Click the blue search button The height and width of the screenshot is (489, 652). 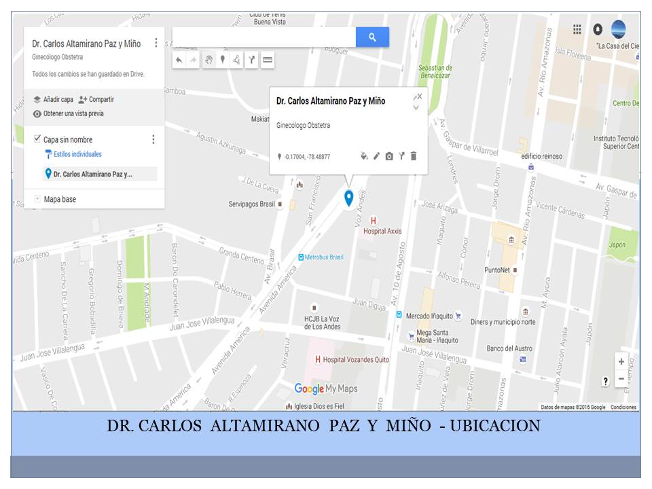(x=372, y=37)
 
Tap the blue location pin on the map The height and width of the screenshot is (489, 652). (x=348, y=198)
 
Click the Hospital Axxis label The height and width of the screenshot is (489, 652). (x=382, y=231)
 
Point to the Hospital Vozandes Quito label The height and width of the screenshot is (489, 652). (x=356, y=359)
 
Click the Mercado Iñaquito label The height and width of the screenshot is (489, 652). (x=429, y=316)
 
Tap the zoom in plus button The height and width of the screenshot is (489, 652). (x=621, y=362)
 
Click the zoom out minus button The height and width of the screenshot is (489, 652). (x=621, y=379)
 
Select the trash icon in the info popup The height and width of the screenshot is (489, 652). (x=414, y=156)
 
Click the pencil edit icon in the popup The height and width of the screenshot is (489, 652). (x=376, y=156)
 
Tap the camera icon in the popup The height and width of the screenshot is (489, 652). (x=389, y=156)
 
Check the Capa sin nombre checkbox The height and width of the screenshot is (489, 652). (x=37, y=139)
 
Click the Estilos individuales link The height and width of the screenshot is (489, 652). (x=77, y=154)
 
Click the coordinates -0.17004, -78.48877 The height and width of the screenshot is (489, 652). (x=308, y=157)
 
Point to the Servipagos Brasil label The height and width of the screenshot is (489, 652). (x=251, y=204)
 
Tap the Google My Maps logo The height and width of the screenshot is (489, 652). (x=326, y=388)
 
